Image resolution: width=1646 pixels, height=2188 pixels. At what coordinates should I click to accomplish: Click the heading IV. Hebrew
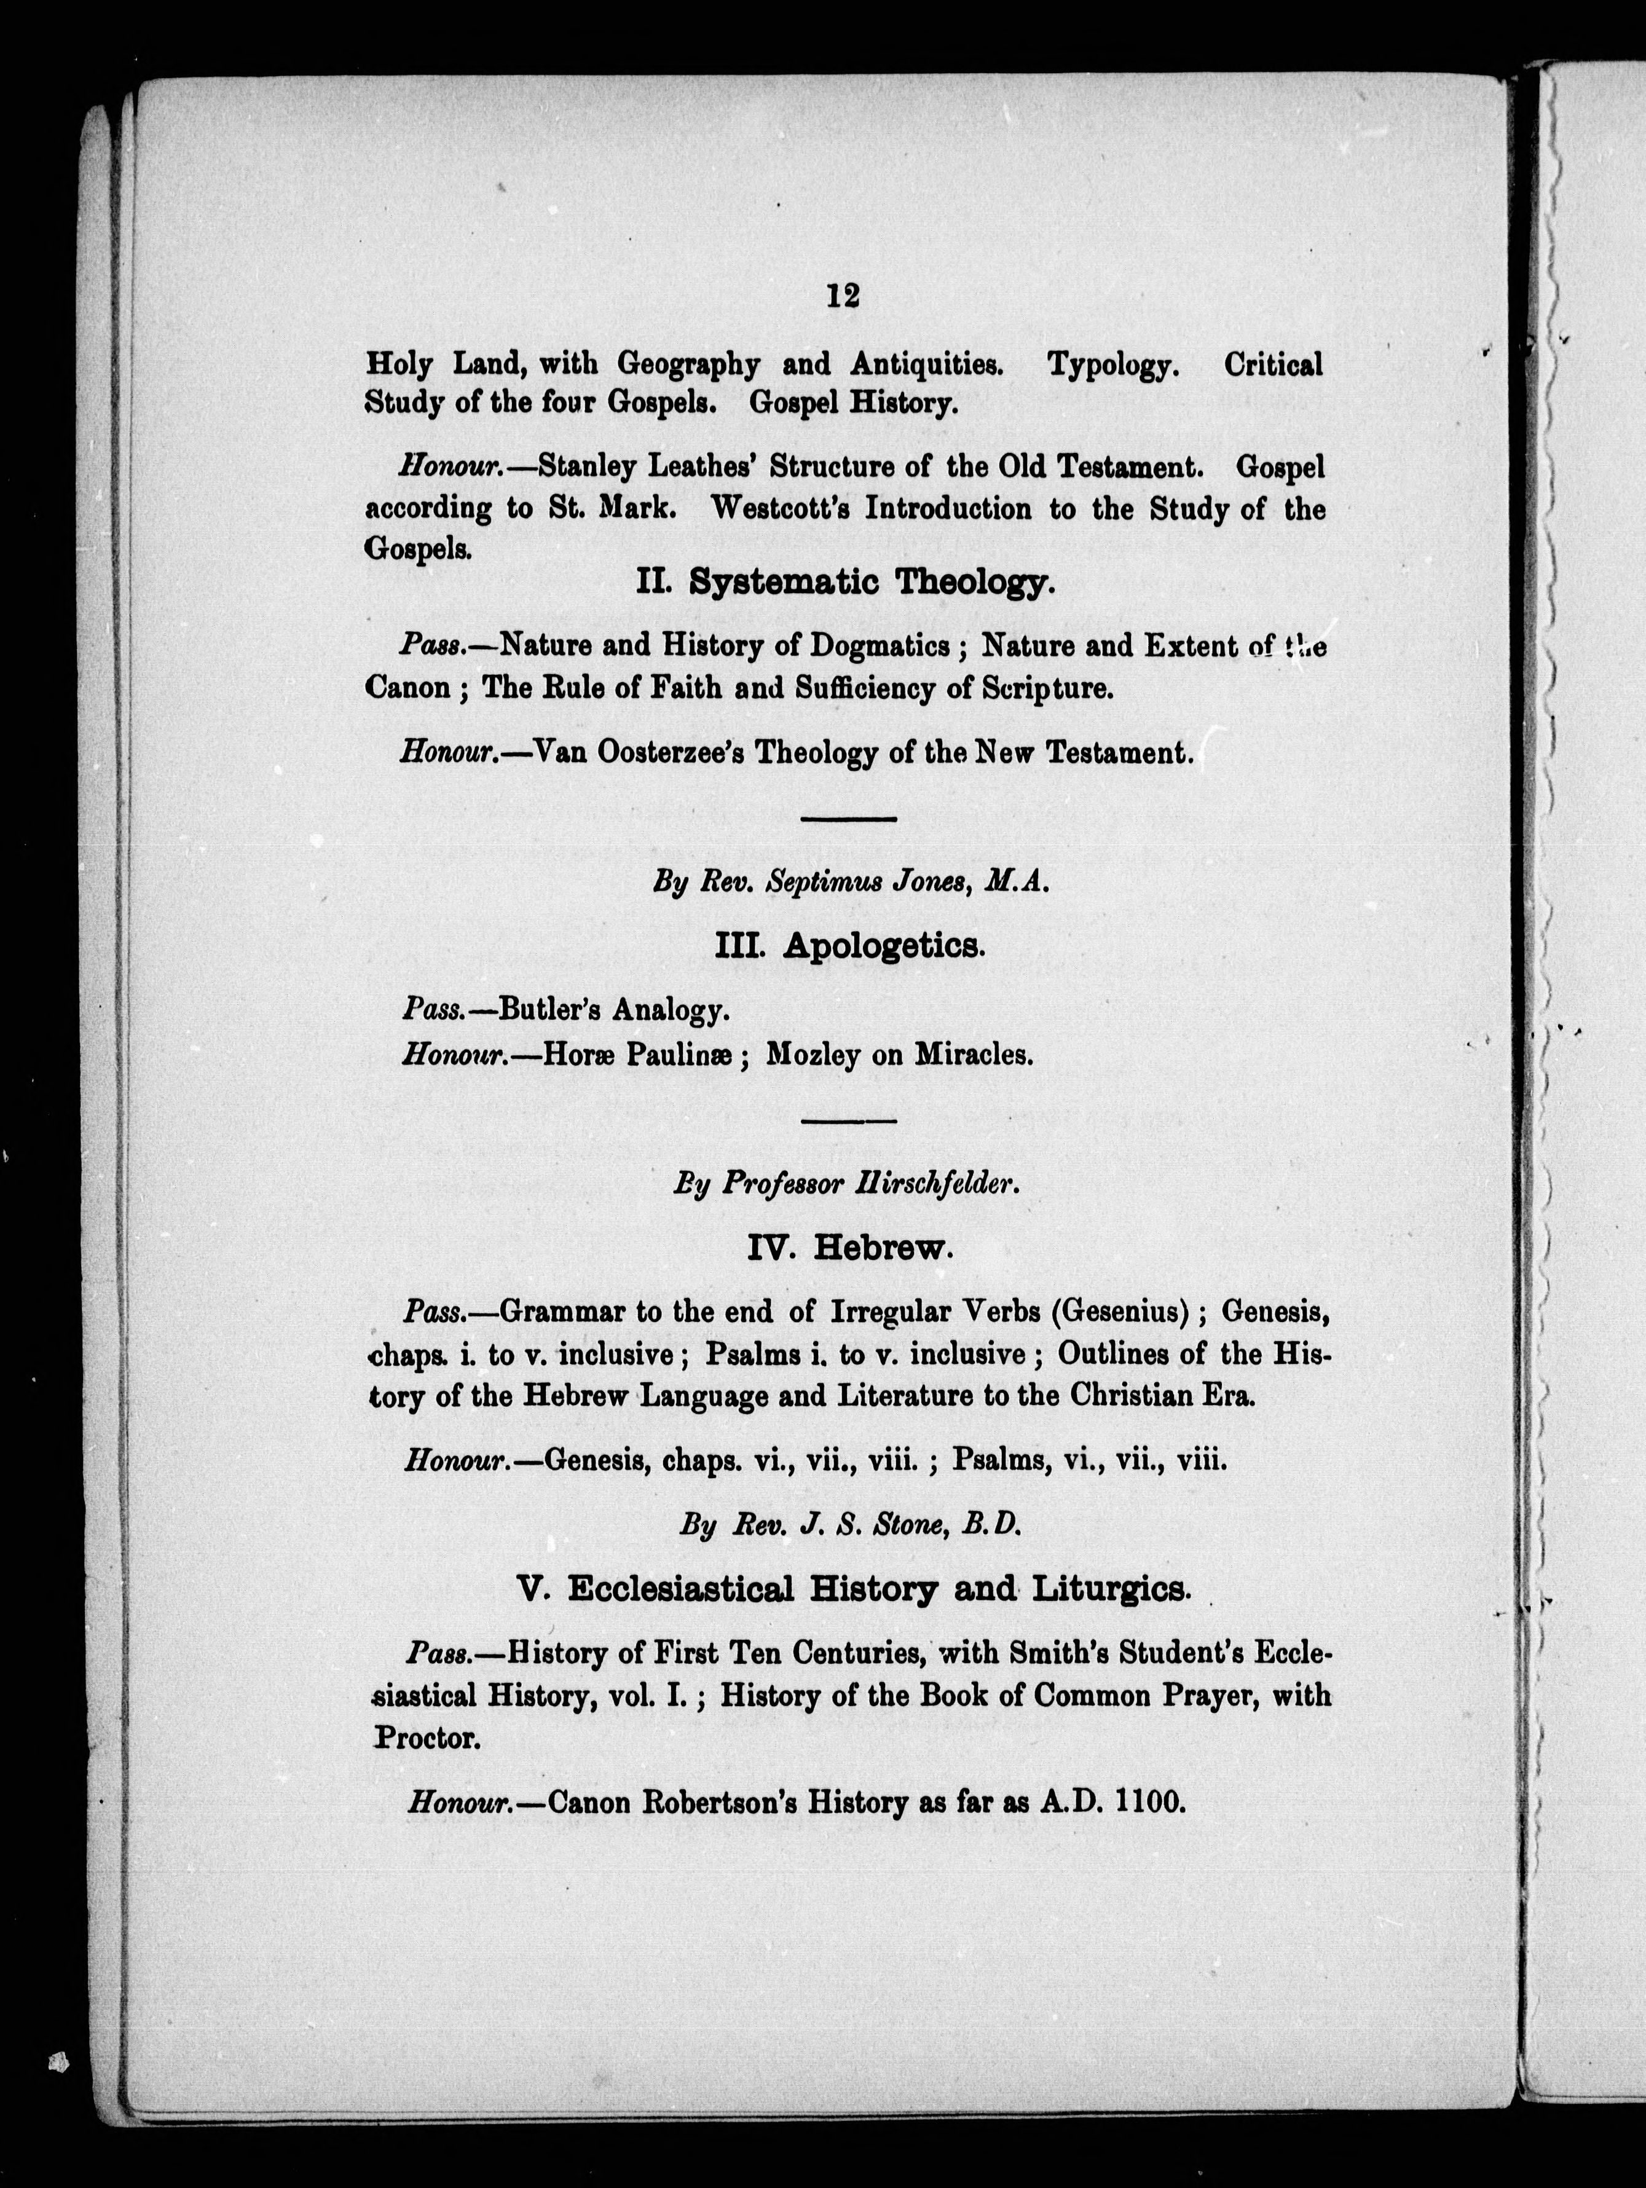click(851, 1250)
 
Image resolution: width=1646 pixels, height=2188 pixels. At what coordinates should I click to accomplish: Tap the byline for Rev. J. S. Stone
click(849, 1525)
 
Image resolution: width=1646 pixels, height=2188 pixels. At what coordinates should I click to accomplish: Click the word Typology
click(1113, 366)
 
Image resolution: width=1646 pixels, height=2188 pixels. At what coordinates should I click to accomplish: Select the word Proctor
click(427, 1739)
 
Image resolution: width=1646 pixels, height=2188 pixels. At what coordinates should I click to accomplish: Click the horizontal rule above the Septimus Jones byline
click(848, 819)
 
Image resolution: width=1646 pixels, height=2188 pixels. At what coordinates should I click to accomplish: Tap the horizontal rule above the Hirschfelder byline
click(848, 1120)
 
